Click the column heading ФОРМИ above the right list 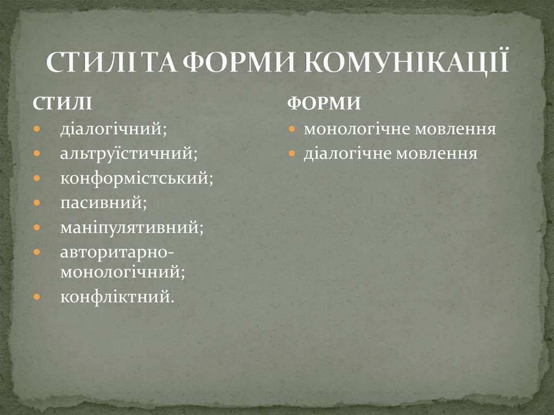click(x=324, y=103)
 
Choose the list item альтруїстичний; click(x=129, y=154)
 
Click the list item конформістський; click(x=136, y=178)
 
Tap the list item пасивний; click(x=103, y=202)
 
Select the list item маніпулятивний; click(x=132, y=227)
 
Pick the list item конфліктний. click(x=117, y=297)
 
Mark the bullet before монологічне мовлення click(x=292, y=130)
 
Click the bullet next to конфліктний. click(x=36, y=297)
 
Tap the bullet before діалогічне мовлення click(x=292, y=154)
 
